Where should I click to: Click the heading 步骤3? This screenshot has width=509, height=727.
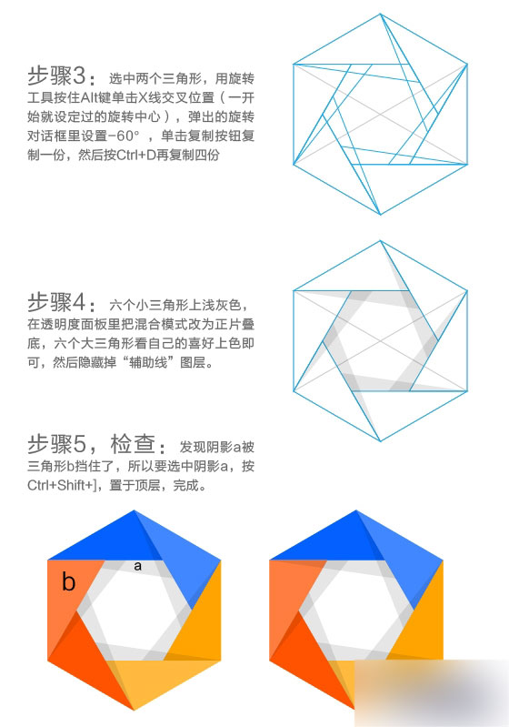56,76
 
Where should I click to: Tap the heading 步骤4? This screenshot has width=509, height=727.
56,303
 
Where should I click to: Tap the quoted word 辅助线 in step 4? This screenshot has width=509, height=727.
148,362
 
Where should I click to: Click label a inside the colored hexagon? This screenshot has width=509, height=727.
137,566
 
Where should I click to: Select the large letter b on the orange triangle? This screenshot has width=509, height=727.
68,581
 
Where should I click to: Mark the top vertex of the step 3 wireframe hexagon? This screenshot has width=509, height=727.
381,14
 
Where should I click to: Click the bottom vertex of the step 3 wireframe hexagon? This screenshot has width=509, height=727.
381,215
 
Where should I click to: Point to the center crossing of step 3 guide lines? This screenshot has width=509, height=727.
380,115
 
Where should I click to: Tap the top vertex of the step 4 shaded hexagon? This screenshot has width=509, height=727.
381,240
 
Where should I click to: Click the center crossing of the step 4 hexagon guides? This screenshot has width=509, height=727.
380,341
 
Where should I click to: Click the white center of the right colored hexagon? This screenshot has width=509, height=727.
355,611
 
